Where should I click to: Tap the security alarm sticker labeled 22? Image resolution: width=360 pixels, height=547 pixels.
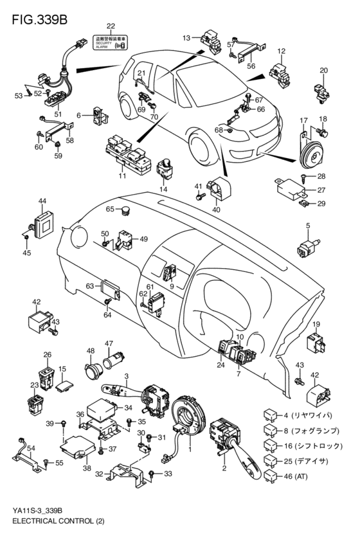(x=111, y=41)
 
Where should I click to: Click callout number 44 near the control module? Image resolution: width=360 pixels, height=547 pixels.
(x=42, y=201)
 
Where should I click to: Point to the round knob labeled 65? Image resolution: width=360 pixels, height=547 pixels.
(x=126, y=209)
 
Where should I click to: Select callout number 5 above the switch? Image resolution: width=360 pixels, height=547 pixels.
(x=308, y=225)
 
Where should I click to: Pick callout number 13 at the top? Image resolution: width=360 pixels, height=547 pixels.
(x=186, y=38)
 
